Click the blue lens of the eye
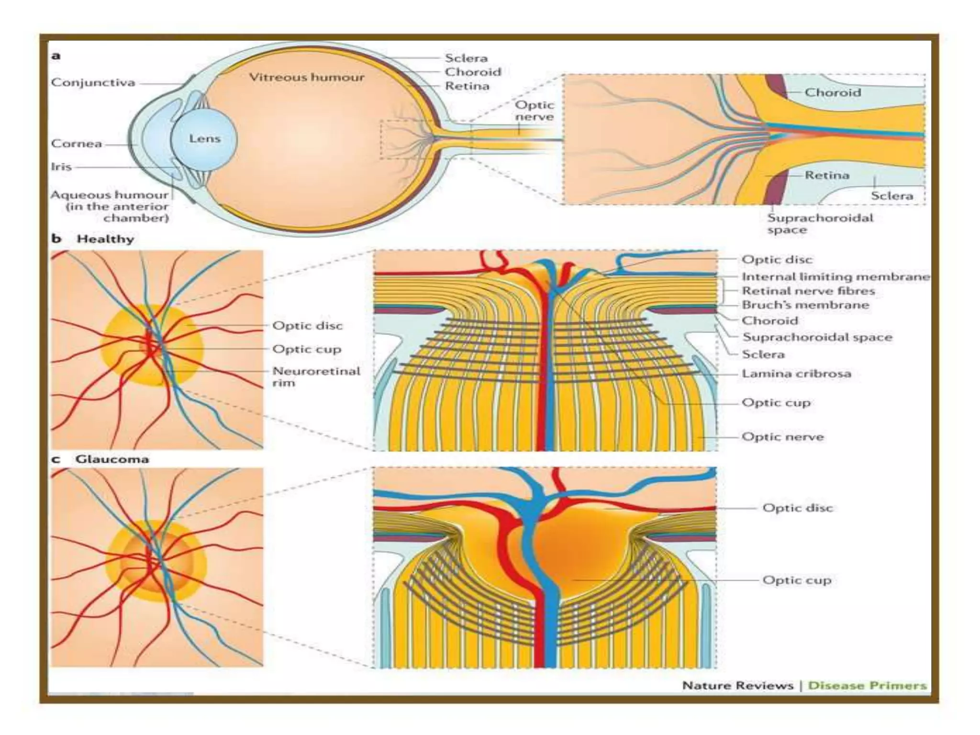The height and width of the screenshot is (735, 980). (204, 139)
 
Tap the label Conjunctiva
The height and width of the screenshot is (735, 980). (93, 83)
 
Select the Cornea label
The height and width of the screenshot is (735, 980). (77, 144)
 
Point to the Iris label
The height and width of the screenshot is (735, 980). (61, 167)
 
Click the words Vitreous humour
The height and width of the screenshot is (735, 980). (307, 77)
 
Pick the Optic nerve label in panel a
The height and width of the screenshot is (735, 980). (534, 111)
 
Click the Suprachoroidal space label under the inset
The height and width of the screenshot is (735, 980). (820, 223)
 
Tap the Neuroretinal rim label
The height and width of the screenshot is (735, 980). (316, 377)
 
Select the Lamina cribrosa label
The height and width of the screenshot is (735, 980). (796, 374)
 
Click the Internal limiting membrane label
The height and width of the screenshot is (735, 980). (835, 277)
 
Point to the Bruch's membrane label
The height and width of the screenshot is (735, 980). (805, 305)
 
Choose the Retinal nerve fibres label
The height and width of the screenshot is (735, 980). (808, 291)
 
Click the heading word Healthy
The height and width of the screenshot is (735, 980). (105, 239)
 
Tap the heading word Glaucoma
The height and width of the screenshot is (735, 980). (112, 459)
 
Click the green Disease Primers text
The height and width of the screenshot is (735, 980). (867, 686)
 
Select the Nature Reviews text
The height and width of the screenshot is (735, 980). (737, 686)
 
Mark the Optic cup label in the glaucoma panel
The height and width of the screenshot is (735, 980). (797, 580)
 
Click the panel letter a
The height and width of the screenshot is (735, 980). (56, 56)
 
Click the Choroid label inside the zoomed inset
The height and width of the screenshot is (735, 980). (833, 92)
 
